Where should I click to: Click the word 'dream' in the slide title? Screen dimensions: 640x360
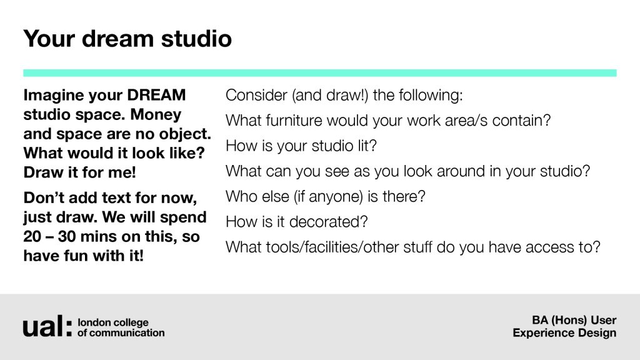point(117,38)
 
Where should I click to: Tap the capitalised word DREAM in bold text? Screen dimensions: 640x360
point(156,95)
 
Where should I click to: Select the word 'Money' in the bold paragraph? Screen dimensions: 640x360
point(156,115)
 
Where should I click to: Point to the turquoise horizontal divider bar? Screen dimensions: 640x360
point(319,73)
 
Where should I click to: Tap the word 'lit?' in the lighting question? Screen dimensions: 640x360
point(367,146)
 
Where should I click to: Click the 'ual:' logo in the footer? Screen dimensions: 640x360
point(47,326)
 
